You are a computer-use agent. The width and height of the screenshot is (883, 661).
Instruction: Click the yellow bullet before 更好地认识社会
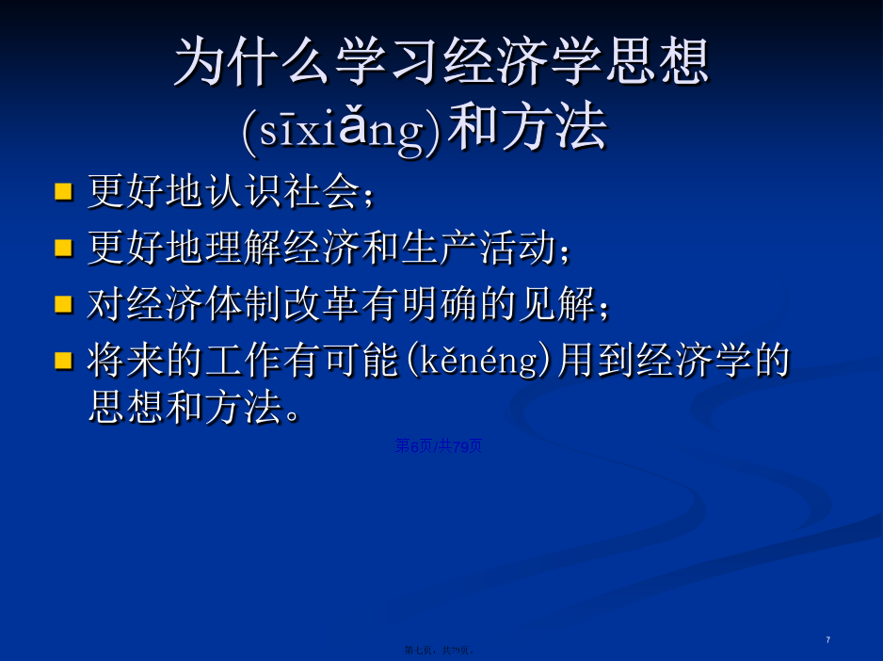[64, 191]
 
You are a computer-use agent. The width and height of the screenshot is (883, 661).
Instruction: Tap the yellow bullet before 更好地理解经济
[64, 248]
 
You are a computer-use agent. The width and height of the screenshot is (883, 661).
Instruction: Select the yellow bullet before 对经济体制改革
[64, 304]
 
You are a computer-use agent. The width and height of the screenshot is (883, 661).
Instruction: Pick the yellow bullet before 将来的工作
[64, 361]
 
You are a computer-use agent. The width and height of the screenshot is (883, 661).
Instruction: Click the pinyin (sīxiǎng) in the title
[342, 130]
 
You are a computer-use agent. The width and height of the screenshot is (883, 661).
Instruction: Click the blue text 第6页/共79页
[439, 446]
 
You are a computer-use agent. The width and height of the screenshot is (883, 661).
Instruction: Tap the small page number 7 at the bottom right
[827, 639]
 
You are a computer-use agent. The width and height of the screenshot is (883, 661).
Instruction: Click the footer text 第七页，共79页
[439, 651]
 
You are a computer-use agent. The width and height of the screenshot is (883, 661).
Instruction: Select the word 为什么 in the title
[251, 61]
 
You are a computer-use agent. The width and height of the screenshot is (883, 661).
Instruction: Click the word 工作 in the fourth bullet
[243, 361]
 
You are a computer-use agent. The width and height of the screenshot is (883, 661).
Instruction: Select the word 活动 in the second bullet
[518, 248]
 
